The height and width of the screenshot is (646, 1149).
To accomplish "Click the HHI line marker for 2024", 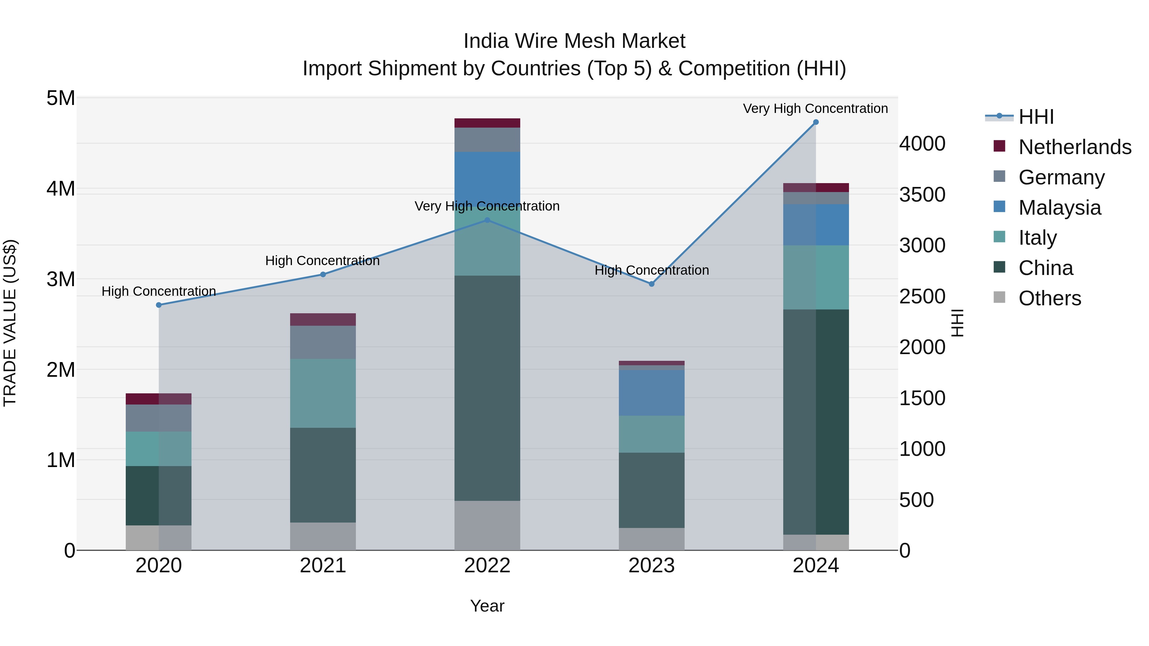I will click(x=816, y=122).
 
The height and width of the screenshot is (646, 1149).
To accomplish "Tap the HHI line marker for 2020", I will click(x=159, y=305).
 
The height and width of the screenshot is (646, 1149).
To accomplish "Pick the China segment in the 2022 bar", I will click(x=487, y=388).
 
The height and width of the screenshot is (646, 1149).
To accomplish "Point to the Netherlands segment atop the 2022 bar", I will click(x=487, y=123).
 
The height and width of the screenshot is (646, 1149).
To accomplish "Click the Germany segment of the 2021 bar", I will click(x=323, y=342).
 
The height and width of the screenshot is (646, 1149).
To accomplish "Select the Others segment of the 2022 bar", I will click(x=487, y=525).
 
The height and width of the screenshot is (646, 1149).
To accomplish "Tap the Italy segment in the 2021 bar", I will click(x=323, y=393).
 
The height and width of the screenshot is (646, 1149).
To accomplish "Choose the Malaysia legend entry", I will click(x=1059, y=208).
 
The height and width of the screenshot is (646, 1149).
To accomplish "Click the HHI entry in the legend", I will click(x=1036, y=117).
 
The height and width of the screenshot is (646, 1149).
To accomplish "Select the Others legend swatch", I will click(x=1000, y=297).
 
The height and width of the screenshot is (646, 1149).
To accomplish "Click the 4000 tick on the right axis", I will click(x=921, y=144).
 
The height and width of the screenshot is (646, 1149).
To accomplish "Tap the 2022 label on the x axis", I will click(x=487, y=566).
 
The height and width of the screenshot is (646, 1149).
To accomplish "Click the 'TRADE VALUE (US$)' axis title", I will click(x=10, y=323).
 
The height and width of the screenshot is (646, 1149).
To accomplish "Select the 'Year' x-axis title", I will click(x=487, y=606).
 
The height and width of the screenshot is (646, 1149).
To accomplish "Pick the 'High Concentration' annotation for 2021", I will click(x=322, y=261).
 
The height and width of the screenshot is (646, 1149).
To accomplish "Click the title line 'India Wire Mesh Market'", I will click(x=574, y=41).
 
